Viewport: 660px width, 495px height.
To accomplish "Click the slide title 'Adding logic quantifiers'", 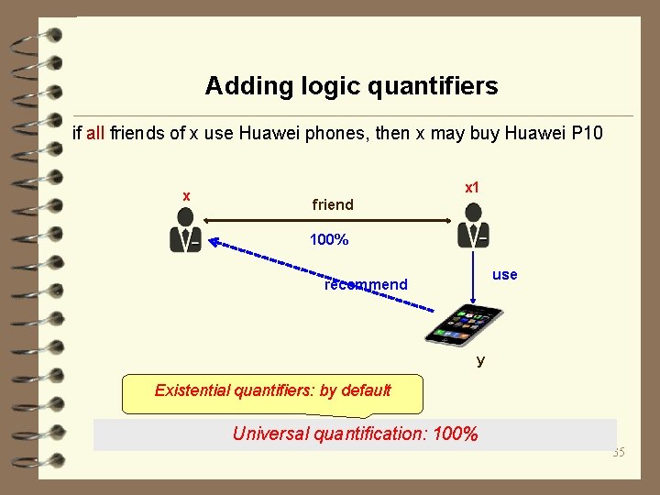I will (x=351, y=86).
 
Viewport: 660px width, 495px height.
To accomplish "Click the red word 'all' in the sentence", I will (x=95, y=134).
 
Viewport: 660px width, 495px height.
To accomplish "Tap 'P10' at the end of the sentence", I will (x=587, y=134).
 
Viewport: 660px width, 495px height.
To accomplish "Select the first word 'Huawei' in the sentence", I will (x=265, y=134).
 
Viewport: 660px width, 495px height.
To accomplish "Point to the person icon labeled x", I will (x=185, y=229).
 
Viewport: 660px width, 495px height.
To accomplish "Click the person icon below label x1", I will (x=473, y=225).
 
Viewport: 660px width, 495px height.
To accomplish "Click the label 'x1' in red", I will (x=472, y=187).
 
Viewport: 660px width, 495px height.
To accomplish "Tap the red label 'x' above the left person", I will (x=186, y=196).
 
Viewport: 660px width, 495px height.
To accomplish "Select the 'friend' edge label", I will (x=333, y=204).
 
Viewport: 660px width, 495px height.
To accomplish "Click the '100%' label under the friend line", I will (x=328, y=240).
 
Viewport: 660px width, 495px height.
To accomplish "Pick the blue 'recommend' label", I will (x=366, y=284).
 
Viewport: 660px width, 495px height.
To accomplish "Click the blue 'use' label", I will (x=504, y=274).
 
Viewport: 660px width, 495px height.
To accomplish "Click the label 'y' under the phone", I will (x=480, y=360).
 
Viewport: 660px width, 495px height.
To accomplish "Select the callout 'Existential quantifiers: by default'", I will (x=272, y=390).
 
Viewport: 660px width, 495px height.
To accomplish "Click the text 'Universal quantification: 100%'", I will (x=355, y=434).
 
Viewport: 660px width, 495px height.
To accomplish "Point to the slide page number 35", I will (x=618, y=452).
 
